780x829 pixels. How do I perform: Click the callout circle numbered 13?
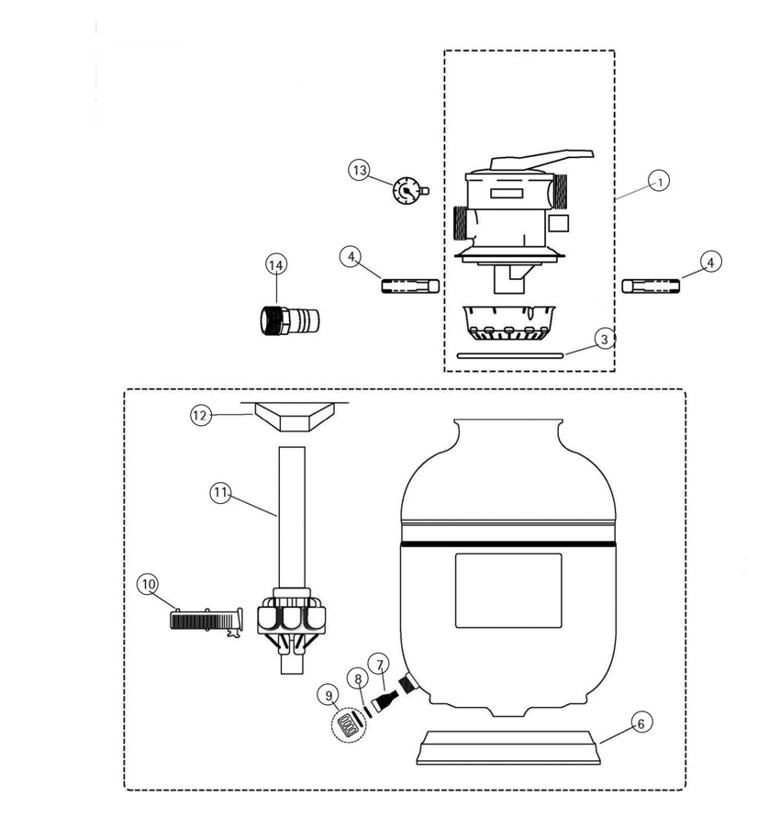coord(360,170)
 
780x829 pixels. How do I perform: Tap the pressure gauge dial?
coord(407,190)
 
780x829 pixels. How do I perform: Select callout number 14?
coord(276,265)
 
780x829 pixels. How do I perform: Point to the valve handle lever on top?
coord(541,159)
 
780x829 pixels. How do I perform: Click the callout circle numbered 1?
coord(659,181)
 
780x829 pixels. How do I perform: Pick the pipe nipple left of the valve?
coord(410,286)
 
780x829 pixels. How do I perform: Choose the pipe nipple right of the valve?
coord(651,286)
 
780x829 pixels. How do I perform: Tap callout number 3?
coord(605,339)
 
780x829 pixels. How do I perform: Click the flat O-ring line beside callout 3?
coord(510,356)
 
